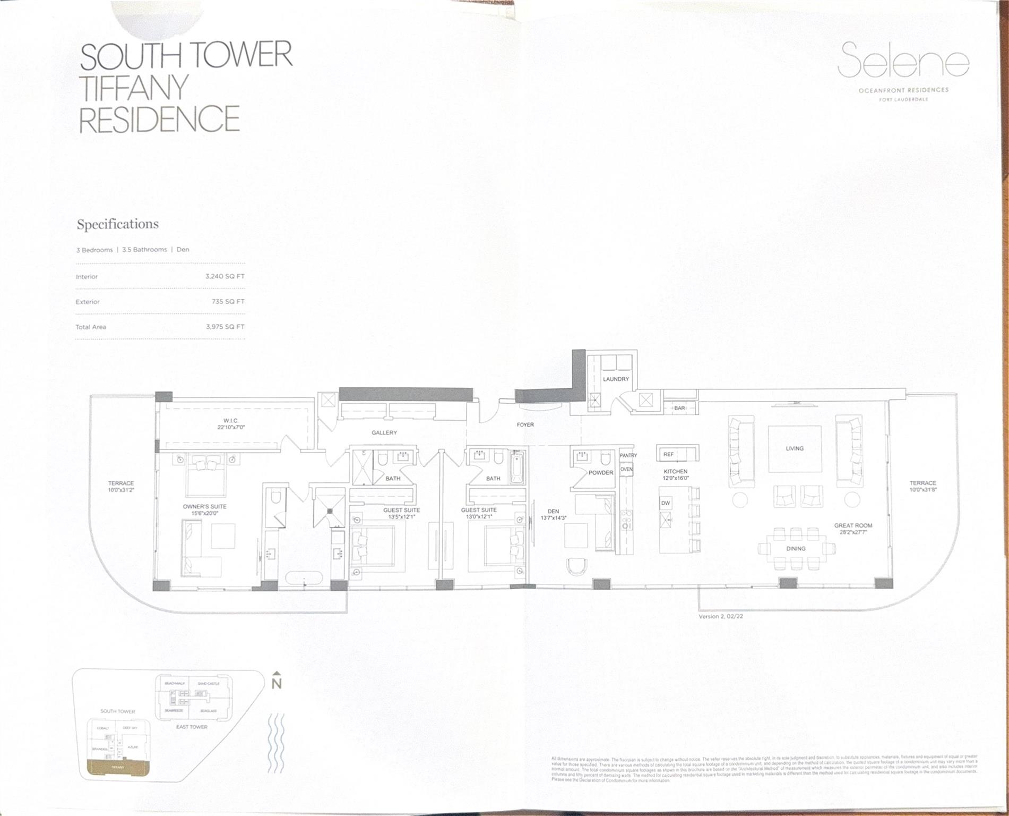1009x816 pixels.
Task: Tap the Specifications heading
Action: coord(118,224)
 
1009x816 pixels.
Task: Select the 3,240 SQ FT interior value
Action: coord(225,276)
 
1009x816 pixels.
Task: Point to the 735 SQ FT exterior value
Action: coord(228,301)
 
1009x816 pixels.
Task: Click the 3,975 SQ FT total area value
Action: coord(225,327)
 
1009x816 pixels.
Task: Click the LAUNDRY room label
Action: coord(616,379)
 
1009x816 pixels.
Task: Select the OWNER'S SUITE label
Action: coord(204,506)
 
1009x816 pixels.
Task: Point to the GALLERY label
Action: coord(384,432)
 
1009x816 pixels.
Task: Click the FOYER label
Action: coord(525,424)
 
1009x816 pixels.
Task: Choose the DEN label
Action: coord(553,511)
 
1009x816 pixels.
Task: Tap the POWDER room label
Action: coord(600,472)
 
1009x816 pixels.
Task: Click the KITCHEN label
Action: coord(675,471)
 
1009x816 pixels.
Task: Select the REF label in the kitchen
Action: coord(668,454)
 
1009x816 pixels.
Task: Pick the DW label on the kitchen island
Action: coord(666,503)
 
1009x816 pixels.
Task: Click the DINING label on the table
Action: coord(796,548)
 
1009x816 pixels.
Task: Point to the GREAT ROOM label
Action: coord(853,525)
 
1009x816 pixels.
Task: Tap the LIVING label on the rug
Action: coord(795,448)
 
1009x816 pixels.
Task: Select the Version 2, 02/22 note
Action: coord(721,617)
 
